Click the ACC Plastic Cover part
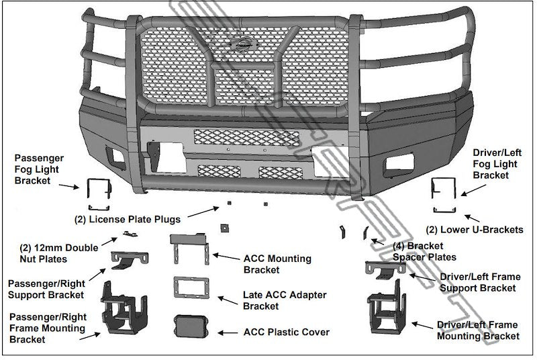click(x=191, y=326)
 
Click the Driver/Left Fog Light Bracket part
click(x=434, y=187)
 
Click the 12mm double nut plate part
click(x=130, y=234)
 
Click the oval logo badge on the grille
click(x=242, y=44)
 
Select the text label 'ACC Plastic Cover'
click(x=287, y=332)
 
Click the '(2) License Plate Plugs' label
click(x=128, y=219)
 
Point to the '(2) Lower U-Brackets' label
click(x=475, y=230)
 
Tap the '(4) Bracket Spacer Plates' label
click(x=424, y=251)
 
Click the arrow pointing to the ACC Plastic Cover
click(x=228, y=332)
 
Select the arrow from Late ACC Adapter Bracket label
click(x=228, y=300)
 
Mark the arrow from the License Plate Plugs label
click(x=203, y=212)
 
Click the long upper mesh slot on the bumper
click(x=246, y=138)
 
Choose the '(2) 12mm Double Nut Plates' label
click(x=59, y=253)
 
